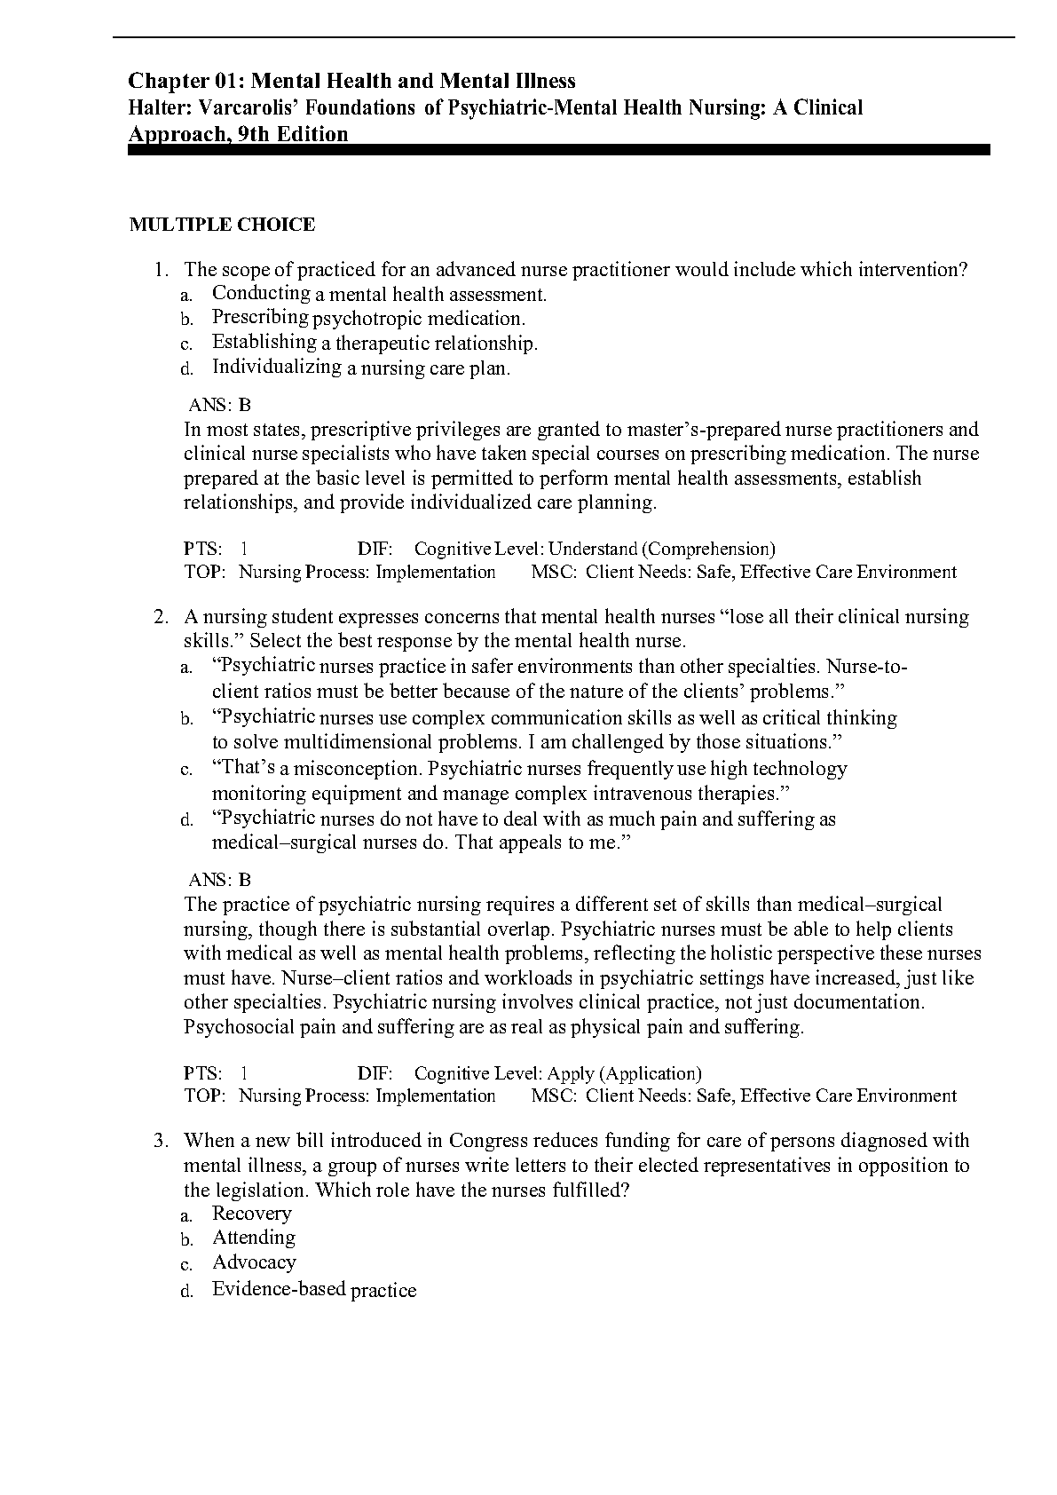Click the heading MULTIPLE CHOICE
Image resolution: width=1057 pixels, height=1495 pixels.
pos(222,225)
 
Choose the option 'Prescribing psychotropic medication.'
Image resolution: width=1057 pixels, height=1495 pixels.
pos(368,318)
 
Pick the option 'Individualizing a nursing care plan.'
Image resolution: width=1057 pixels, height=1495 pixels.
pos(360,368)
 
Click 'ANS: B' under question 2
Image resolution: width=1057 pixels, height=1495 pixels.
pos(220,880)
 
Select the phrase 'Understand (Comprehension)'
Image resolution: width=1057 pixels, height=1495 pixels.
pos(661,550)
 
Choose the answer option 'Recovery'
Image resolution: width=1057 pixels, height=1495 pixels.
pos(251,1214)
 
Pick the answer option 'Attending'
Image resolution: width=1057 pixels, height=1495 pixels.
pos(254,1238)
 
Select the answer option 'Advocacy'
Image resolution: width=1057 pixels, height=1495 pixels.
pos(254,1262)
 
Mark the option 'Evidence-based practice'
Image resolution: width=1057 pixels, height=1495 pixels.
pos(313,1290)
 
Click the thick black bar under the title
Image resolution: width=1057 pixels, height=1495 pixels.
pos(559,151)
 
